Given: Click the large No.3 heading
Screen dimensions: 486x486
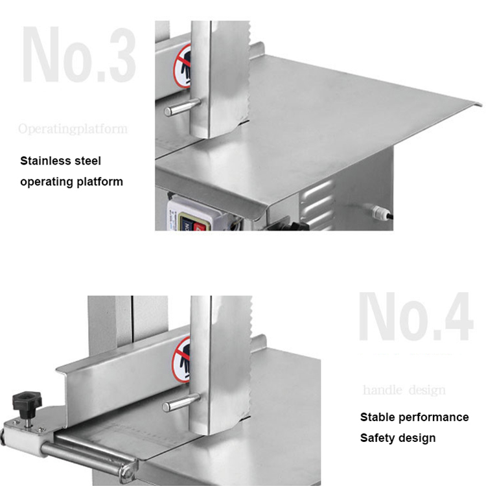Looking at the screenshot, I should (x=79, y=55).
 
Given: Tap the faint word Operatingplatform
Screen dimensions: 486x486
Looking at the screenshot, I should (x=73, y=128).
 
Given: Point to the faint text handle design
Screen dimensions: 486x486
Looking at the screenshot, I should (x=404, y=390).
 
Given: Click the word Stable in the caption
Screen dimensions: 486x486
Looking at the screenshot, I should (x=378, y=417).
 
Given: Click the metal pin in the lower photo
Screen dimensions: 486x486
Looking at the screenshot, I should (x=180, y=403).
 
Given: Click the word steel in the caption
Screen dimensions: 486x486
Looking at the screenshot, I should (x=87, y=161).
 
